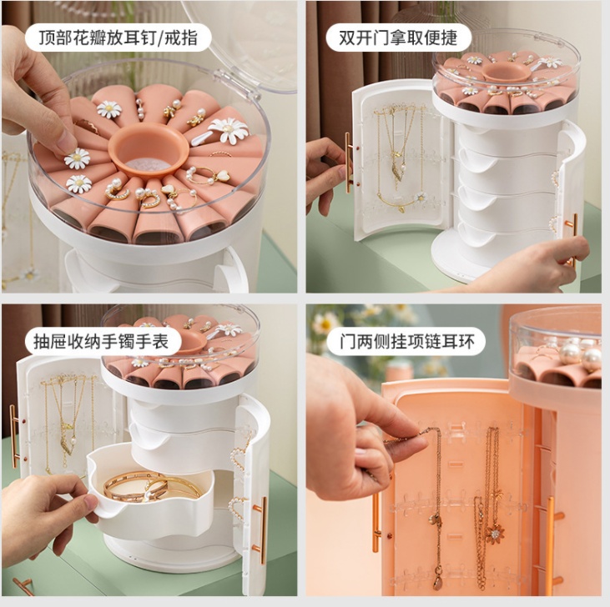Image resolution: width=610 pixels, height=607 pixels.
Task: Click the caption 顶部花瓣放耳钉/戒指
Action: click(118, 38)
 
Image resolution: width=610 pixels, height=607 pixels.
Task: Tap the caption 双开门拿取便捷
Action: click(398, 38)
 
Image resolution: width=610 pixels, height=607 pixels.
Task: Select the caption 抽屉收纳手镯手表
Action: click(101, 342)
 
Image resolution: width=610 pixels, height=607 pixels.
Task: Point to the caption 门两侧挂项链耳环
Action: click(407, 342)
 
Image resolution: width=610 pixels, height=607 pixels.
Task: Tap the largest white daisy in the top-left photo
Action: click(229, 129)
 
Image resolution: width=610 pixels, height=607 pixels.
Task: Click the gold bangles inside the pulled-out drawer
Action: click(152, 487)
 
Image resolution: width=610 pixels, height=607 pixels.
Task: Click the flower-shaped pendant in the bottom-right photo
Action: click(495, 534)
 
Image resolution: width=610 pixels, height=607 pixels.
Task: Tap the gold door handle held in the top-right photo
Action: click(348, 163)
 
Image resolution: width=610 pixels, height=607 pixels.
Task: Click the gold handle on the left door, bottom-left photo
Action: click(14, 435)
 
